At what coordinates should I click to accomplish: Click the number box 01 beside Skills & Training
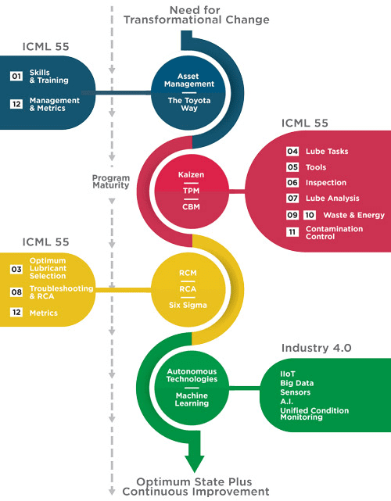pos(16,77)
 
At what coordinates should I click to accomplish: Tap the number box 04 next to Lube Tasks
pos(292,151)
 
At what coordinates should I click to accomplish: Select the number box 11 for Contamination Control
pos(292,232)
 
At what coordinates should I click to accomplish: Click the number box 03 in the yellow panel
pos(16,269)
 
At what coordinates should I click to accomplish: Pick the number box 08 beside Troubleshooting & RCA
pos(16,292)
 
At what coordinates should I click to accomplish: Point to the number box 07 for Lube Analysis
pos(292,199)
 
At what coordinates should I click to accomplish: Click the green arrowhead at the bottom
pos(194,461)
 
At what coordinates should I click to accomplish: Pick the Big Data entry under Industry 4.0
pos(297,383)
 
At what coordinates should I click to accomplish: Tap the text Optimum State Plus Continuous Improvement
pos(203,486)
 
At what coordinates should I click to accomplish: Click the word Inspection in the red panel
pos(327,182)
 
